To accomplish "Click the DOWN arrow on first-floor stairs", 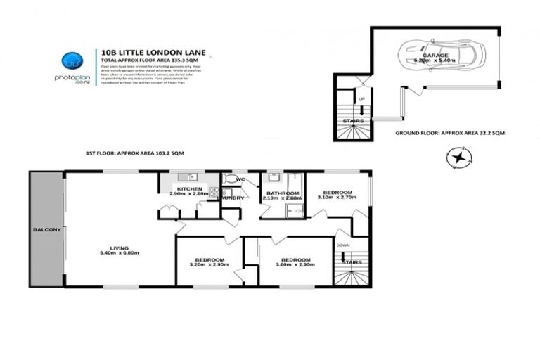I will (345, 255).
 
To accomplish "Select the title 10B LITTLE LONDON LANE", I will (145, 51).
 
